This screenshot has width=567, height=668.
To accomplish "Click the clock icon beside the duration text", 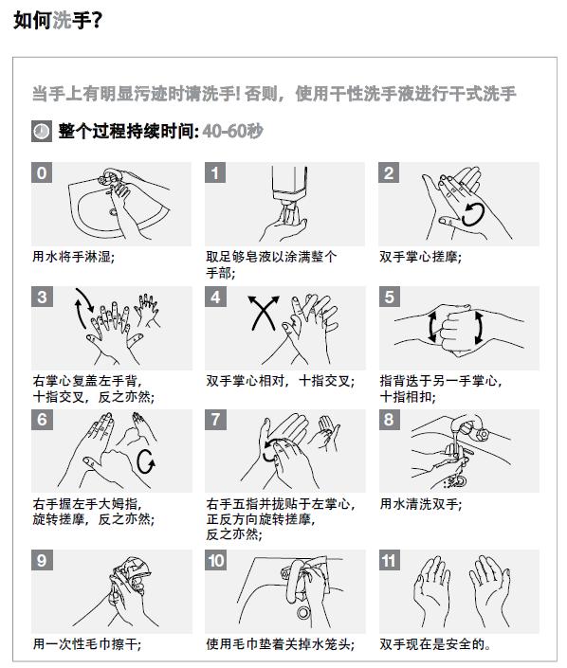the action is [42, 131].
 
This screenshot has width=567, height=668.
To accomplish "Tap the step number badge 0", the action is [42, 172].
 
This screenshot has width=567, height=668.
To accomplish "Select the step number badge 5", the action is [390, 297].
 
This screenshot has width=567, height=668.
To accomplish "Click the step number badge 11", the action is [390, 560].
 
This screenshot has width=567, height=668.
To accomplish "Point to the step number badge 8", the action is [390, 420].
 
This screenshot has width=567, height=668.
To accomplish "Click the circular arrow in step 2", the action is [473, 214].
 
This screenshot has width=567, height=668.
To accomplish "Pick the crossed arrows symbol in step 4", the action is [264, 313].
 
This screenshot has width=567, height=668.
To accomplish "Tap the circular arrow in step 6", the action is [146, 460].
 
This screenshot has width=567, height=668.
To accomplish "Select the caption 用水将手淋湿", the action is [73, 257].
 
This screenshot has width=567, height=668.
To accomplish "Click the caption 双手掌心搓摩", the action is [420, 257].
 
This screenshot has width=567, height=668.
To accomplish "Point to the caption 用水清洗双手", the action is [420, 504].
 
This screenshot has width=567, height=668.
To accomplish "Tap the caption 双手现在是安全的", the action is [435, 644].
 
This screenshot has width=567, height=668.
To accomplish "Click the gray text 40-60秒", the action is [232, 131].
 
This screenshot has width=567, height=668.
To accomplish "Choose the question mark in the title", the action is [97, 20].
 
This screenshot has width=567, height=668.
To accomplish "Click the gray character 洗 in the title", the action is [62, 20].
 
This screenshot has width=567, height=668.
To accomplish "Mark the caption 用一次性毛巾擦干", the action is [87, 644].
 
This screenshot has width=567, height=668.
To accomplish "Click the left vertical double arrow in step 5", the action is [432, 327].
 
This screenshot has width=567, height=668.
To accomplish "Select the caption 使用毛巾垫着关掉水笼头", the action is [280, 644].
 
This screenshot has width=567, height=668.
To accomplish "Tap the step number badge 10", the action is [216, 560].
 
